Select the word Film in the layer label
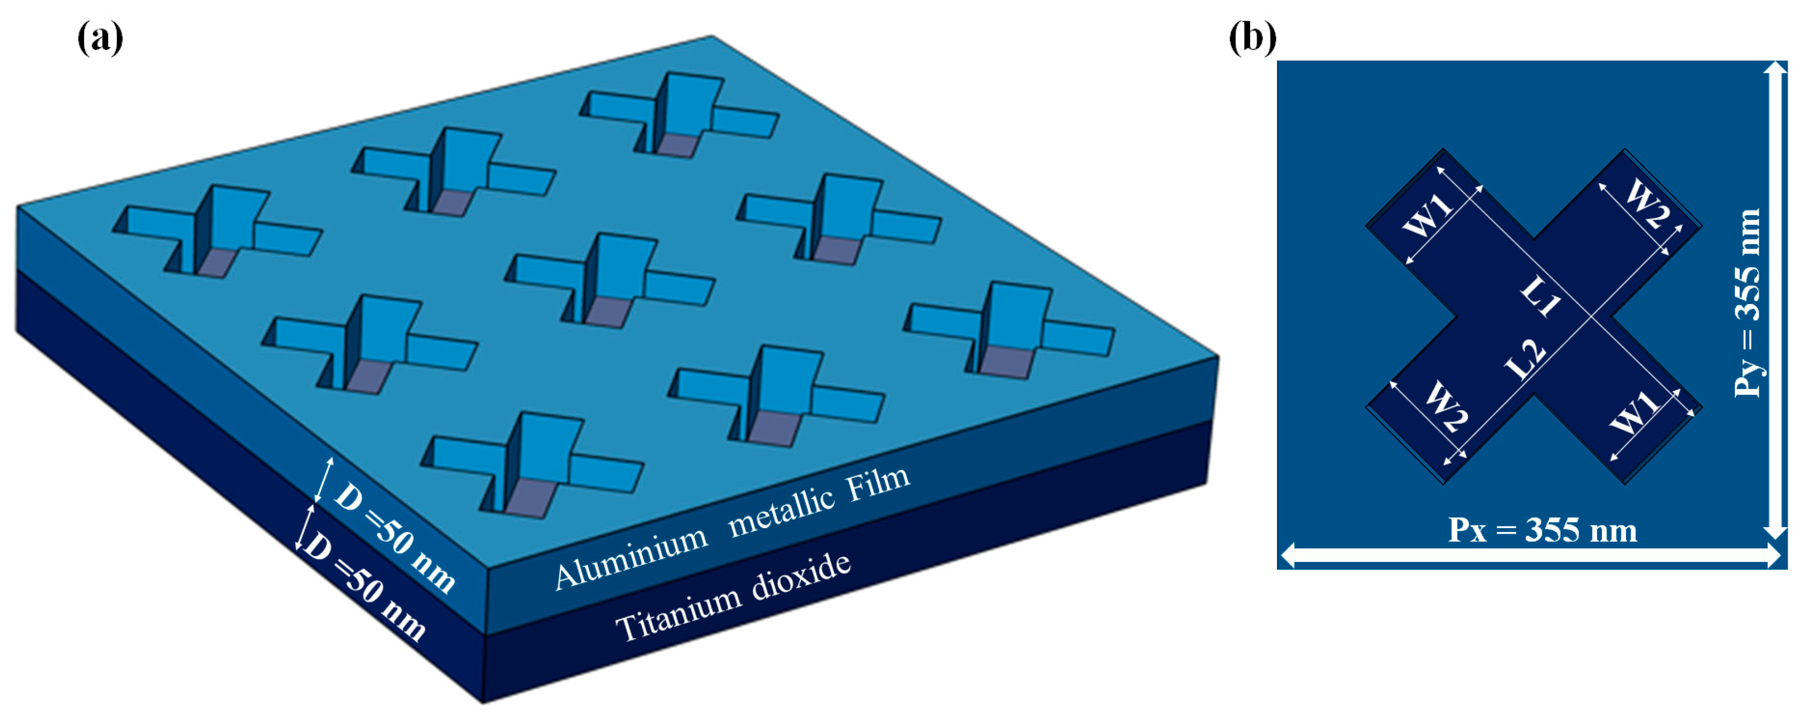tap(879, 483)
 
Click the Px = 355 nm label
tap(1542, 530)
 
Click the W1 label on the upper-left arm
tap(1428, 214)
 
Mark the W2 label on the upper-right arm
tap(1647, 204)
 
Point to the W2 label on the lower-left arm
tap(1446, 408)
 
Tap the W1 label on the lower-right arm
tap(1635, 413)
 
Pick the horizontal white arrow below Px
tap(1531, 556)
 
